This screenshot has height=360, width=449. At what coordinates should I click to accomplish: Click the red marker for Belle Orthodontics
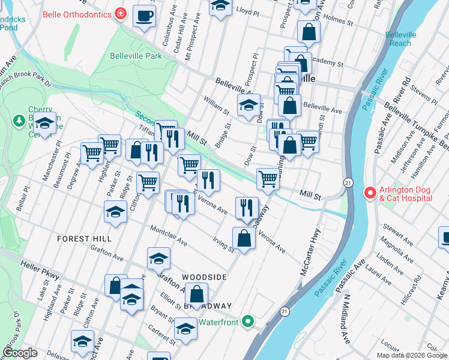tap(121, 13)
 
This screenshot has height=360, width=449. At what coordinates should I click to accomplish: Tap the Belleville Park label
tap(136, 56)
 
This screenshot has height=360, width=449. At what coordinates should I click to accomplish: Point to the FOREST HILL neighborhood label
tap(84, 239)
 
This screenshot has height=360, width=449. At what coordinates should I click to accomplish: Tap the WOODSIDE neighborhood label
tap(205, 277)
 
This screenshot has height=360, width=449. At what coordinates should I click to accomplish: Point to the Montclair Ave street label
tap(169, 236)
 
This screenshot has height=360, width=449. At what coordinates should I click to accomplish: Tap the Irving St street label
tap(223, 244)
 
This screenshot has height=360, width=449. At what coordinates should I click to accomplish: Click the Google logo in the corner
tap(20, 353)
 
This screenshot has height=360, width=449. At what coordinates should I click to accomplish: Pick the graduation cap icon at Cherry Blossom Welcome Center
tap(44, 124)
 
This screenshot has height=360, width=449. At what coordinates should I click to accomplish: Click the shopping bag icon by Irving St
tap(244, 238)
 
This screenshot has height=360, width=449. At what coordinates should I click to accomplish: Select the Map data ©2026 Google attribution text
tap(411, 355)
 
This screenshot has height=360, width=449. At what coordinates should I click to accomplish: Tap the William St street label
tap(217, 105)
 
